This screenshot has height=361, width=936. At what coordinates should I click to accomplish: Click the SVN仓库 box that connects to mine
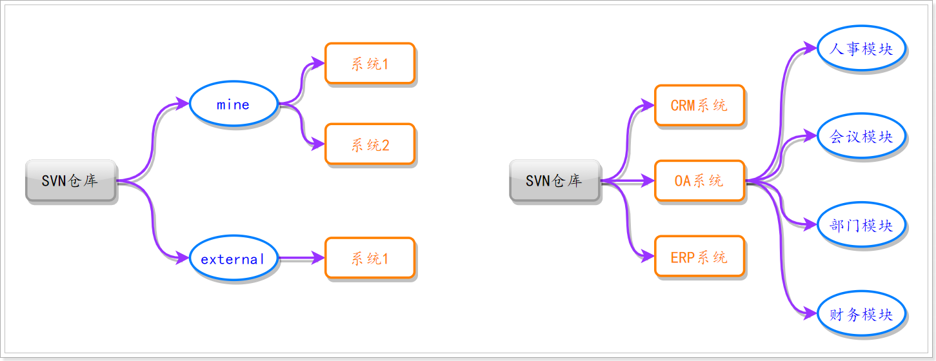click(71, 180)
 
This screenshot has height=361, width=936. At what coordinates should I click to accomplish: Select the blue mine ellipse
click(233, 104)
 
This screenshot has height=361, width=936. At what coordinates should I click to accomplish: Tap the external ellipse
click(233, 259)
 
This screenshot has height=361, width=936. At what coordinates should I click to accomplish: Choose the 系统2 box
click(370, 144)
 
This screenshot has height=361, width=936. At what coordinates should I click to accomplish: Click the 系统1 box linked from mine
click(370, 63)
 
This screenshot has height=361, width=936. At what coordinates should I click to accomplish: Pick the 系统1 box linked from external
click(370, 258)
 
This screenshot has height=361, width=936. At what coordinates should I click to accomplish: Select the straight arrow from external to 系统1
click(301, 258)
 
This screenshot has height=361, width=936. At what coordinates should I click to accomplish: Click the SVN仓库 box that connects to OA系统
click(555, 180)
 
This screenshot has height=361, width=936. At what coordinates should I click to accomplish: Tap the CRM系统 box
click(699, 105)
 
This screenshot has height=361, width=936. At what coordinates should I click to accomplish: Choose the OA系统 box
click(699, 181)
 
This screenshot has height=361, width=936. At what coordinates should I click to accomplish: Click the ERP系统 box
click(699, 257)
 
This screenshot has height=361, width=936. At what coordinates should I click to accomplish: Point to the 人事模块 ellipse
click(861, 49)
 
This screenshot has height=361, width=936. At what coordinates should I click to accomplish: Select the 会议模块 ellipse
click(861, 136)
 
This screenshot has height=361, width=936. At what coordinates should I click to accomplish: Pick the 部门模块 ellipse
click(861, 225)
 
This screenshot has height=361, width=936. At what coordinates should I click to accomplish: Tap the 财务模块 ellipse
click(861, 314)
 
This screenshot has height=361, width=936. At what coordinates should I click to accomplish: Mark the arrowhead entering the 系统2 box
click(319, 144)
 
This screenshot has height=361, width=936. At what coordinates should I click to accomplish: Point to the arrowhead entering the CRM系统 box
click(648, 105)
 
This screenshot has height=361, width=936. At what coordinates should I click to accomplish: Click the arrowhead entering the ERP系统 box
click(648, 256)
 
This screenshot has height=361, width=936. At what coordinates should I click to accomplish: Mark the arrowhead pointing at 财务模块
click(811, 314)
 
